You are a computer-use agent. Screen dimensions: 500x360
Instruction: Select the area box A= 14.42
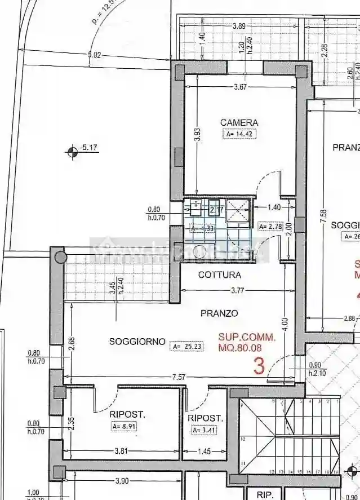(239, 134)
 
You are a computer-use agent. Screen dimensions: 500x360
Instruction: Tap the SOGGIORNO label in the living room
(137, 341)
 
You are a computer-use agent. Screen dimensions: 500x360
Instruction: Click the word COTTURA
(219, 275)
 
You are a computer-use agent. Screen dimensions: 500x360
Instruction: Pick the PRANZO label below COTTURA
(219, 313)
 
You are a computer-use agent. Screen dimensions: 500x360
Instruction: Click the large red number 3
(259, 366)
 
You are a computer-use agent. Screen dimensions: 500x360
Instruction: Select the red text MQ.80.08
(246, 348)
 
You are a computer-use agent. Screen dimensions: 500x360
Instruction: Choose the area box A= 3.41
(204, 430)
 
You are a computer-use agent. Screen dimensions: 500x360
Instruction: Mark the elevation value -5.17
(89, 148)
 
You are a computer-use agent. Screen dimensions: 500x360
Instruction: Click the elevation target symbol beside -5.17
(72, 151)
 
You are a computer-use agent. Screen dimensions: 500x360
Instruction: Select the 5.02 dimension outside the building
(94, 55)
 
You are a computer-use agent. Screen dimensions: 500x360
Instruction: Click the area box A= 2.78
(269, 227)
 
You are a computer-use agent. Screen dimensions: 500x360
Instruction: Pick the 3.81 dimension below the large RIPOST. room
(122, 451)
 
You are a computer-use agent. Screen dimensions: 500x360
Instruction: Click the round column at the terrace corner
(59, 258)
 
